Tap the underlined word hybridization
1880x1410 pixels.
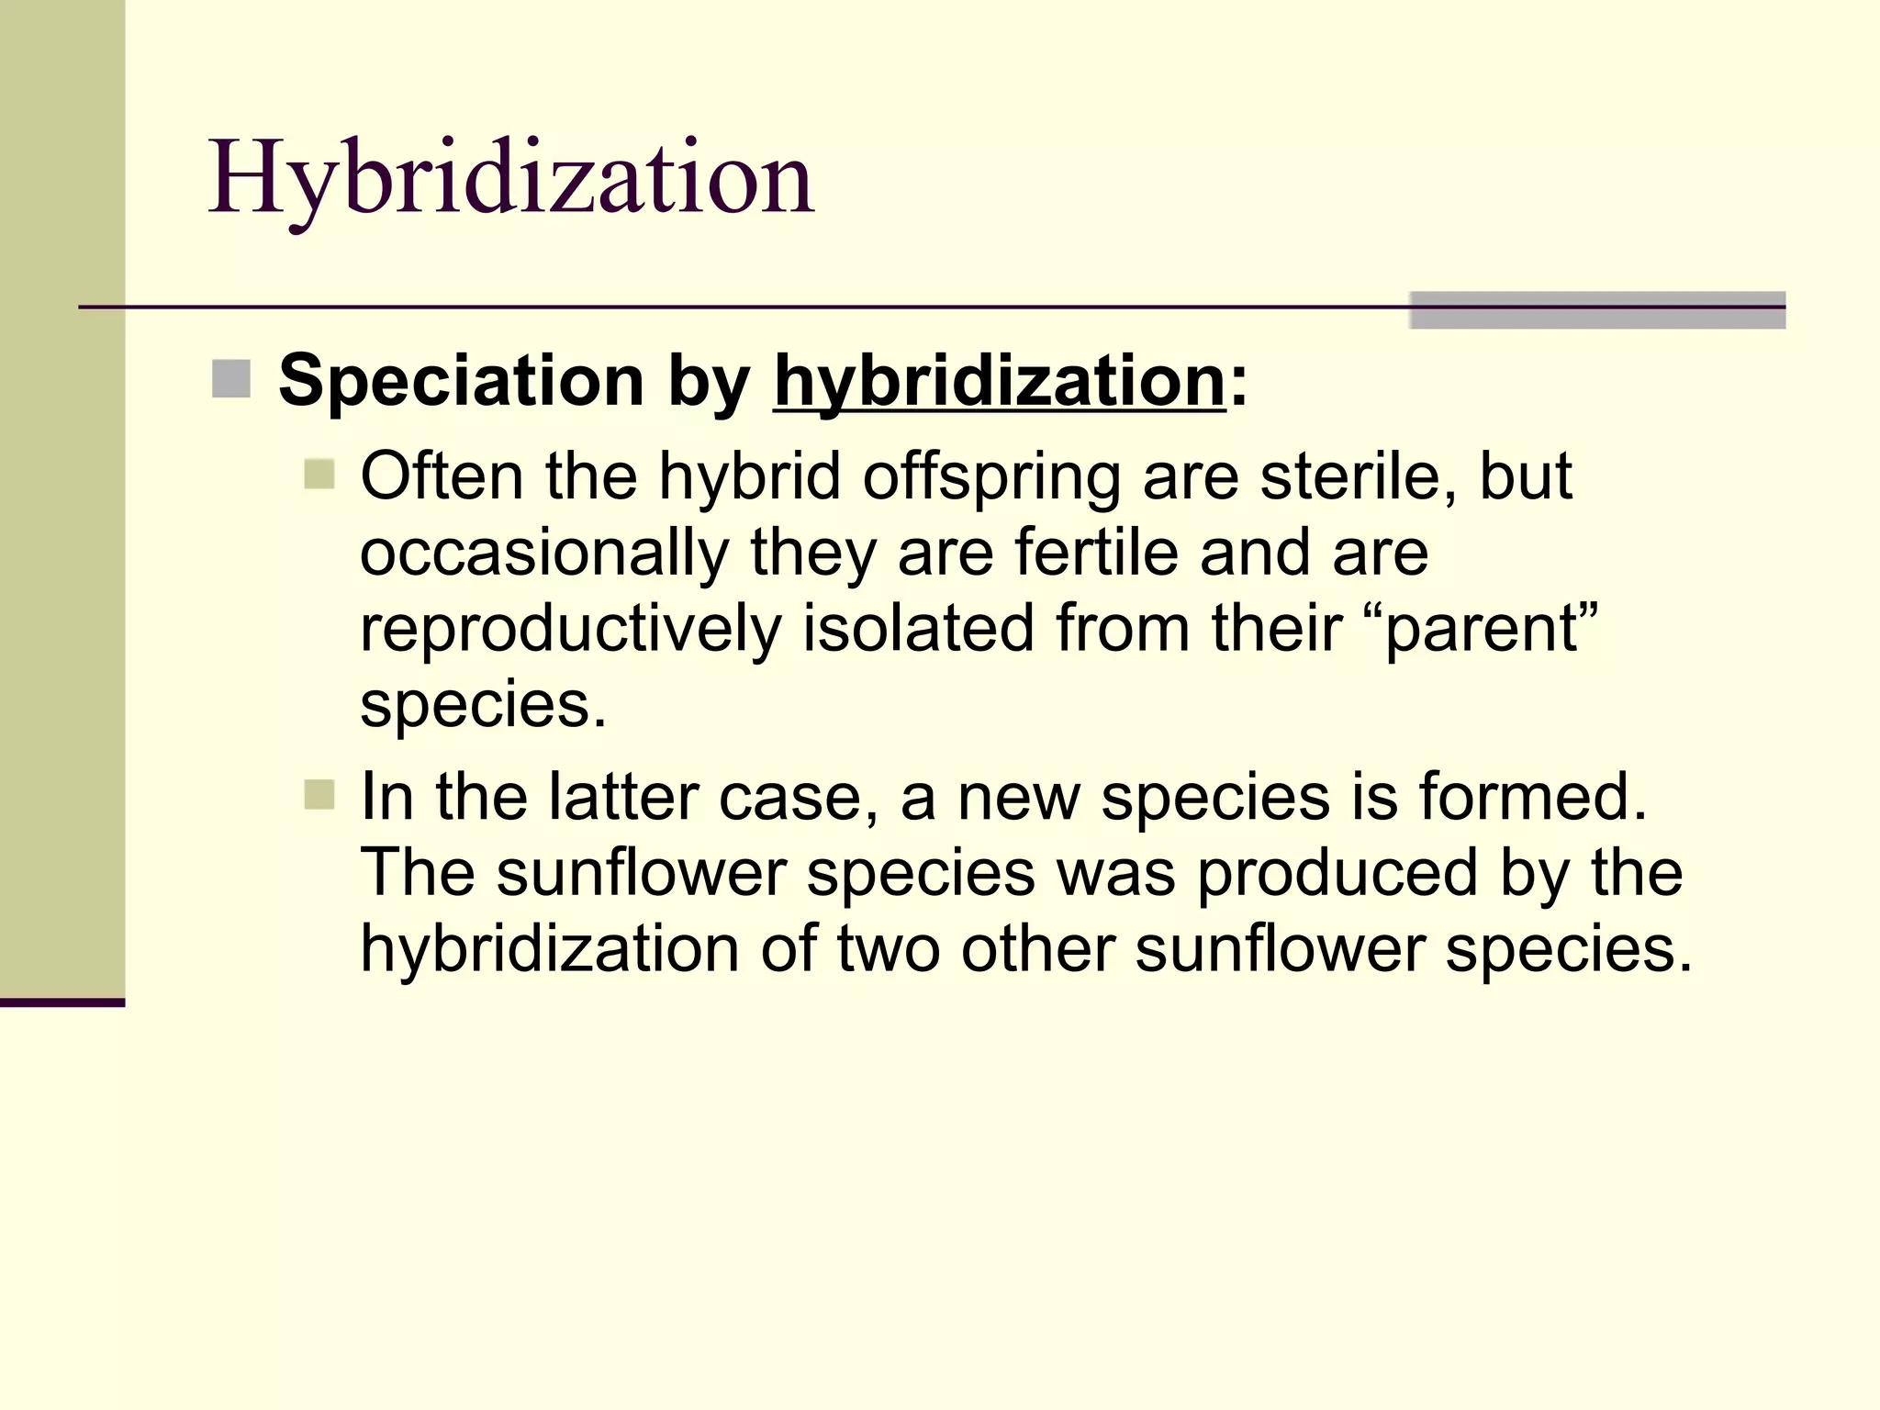coord(1000,381)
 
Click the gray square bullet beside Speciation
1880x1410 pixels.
coord(231,379)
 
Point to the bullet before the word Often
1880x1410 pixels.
coord(319,475)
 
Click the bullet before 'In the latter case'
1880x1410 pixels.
coord(319,795)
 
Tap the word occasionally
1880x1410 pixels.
coord(544,554)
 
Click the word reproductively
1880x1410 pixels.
coord(570,630)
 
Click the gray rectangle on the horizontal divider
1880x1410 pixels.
coord(1596,310)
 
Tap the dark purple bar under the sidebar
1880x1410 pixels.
coord(62,1002)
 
